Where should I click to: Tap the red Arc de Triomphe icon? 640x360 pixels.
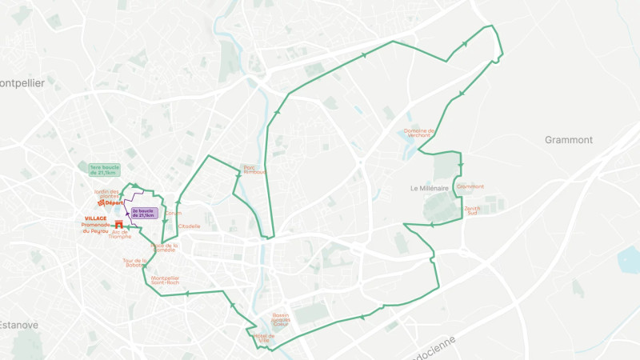(119, 225)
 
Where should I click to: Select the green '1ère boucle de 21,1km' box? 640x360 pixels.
(104, 170)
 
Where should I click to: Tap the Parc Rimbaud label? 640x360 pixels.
(254, 170)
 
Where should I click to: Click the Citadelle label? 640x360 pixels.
(190, 226)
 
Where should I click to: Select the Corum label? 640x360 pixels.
(174, 214)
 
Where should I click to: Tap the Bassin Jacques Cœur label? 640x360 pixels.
(280, 319)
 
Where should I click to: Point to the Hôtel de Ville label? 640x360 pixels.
(264, 338)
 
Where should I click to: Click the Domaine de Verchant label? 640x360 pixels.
(419, 133)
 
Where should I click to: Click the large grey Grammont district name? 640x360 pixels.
(569, 140)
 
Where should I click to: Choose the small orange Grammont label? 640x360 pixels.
(470, 186)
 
